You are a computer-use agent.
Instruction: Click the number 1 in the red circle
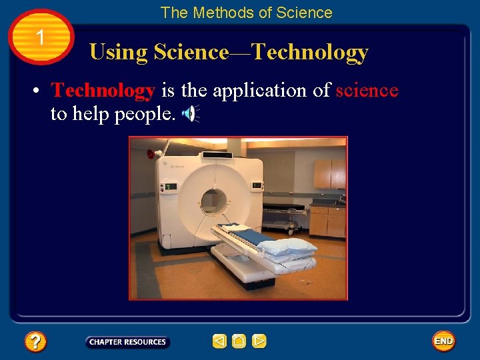pyautogui.click(x=41, y=37)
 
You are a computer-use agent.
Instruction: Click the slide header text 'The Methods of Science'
pyautogui.click(x=246, y=13)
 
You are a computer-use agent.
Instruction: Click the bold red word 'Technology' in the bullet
pyautogui.click(x=103, y=90)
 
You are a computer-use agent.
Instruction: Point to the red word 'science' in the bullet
pyautogui.click(x=367, y=90)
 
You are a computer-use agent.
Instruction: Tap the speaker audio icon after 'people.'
pyautogui.click(x=191, y=115)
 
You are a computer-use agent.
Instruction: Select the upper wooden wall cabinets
pyautogui.click(x=329, y=173)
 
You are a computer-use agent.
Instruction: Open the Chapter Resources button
pyautogui.click(x=127, y=342)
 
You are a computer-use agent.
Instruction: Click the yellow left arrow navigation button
pyautogui.click(x=219, y=341)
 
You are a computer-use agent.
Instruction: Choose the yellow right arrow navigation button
pyautogui.click(x=259, y=341)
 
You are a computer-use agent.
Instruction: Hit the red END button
pyautogui.click(x=443, y=341)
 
